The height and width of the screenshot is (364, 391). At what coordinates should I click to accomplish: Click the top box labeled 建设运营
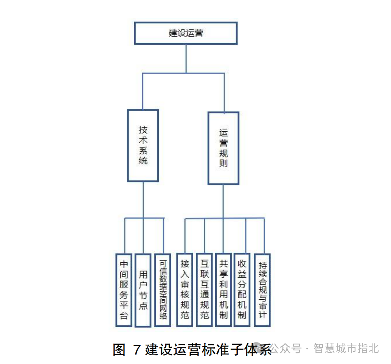point(186,33)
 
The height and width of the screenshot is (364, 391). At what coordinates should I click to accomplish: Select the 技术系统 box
point(143,145)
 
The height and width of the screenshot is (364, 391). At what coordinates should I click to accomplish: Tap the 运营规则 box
point(223,148)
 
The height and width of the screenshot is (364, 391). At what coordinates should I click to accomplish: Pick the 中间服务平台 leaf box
point(124,290)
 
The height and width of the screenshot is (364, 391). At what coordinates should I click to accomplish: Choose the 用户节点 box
point(143,290)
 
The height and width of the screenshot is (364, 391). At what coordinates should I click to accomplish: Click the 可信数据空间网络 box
point(163,289)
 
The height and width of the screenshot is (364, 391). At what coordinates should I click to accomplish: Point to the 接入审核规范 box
point(185,289)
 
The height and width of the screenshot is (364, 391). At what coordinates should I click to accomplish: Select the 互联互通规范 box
point(205,289)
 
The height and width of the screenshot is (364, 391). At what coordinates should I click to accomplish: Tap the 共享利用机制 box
point(223,289)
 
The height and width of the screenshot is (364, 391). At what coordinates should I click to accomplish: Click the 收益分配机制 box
point(242,289)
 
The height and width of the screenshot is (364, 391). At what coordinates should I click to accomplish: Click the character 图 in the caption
point(119,349)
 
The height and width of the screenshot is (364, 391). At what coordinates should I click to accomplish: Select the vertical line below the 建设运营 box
point(186,59)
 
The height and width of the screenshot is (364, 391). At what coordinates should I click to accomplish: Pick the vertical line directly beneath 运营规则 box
point(223,201)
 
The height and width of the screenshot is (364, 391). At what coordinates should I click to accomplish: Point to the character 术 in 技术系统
point(143,140)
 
